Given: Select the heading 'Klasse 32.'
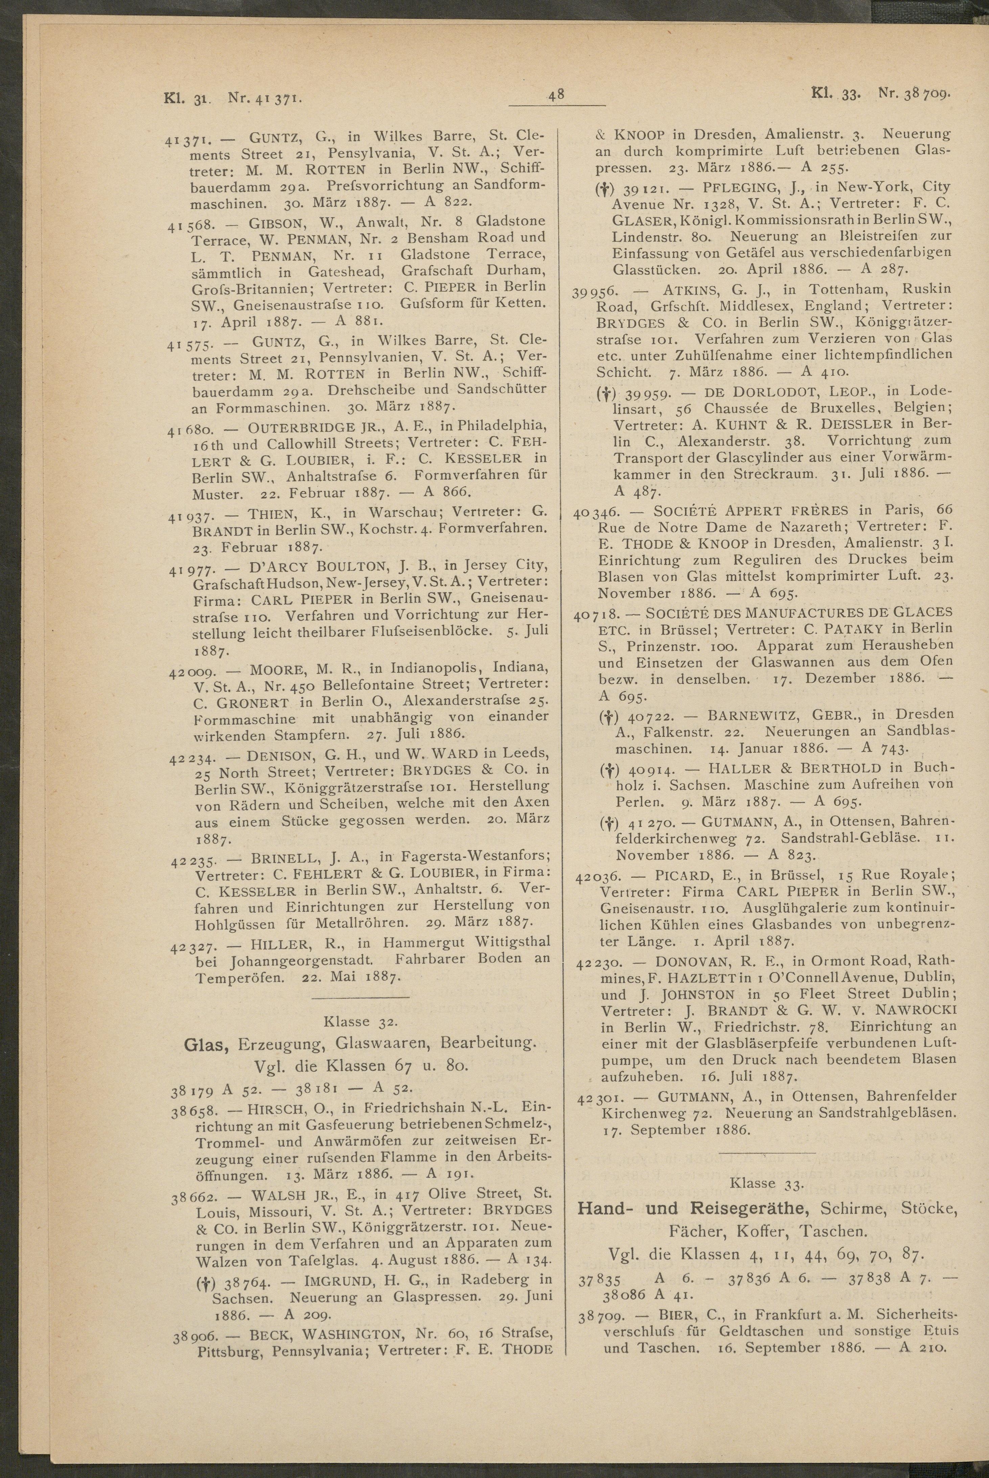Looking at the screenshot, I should coord(360,1021).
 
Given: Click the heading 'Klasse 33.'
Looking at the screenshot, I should coord(766,1183).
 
